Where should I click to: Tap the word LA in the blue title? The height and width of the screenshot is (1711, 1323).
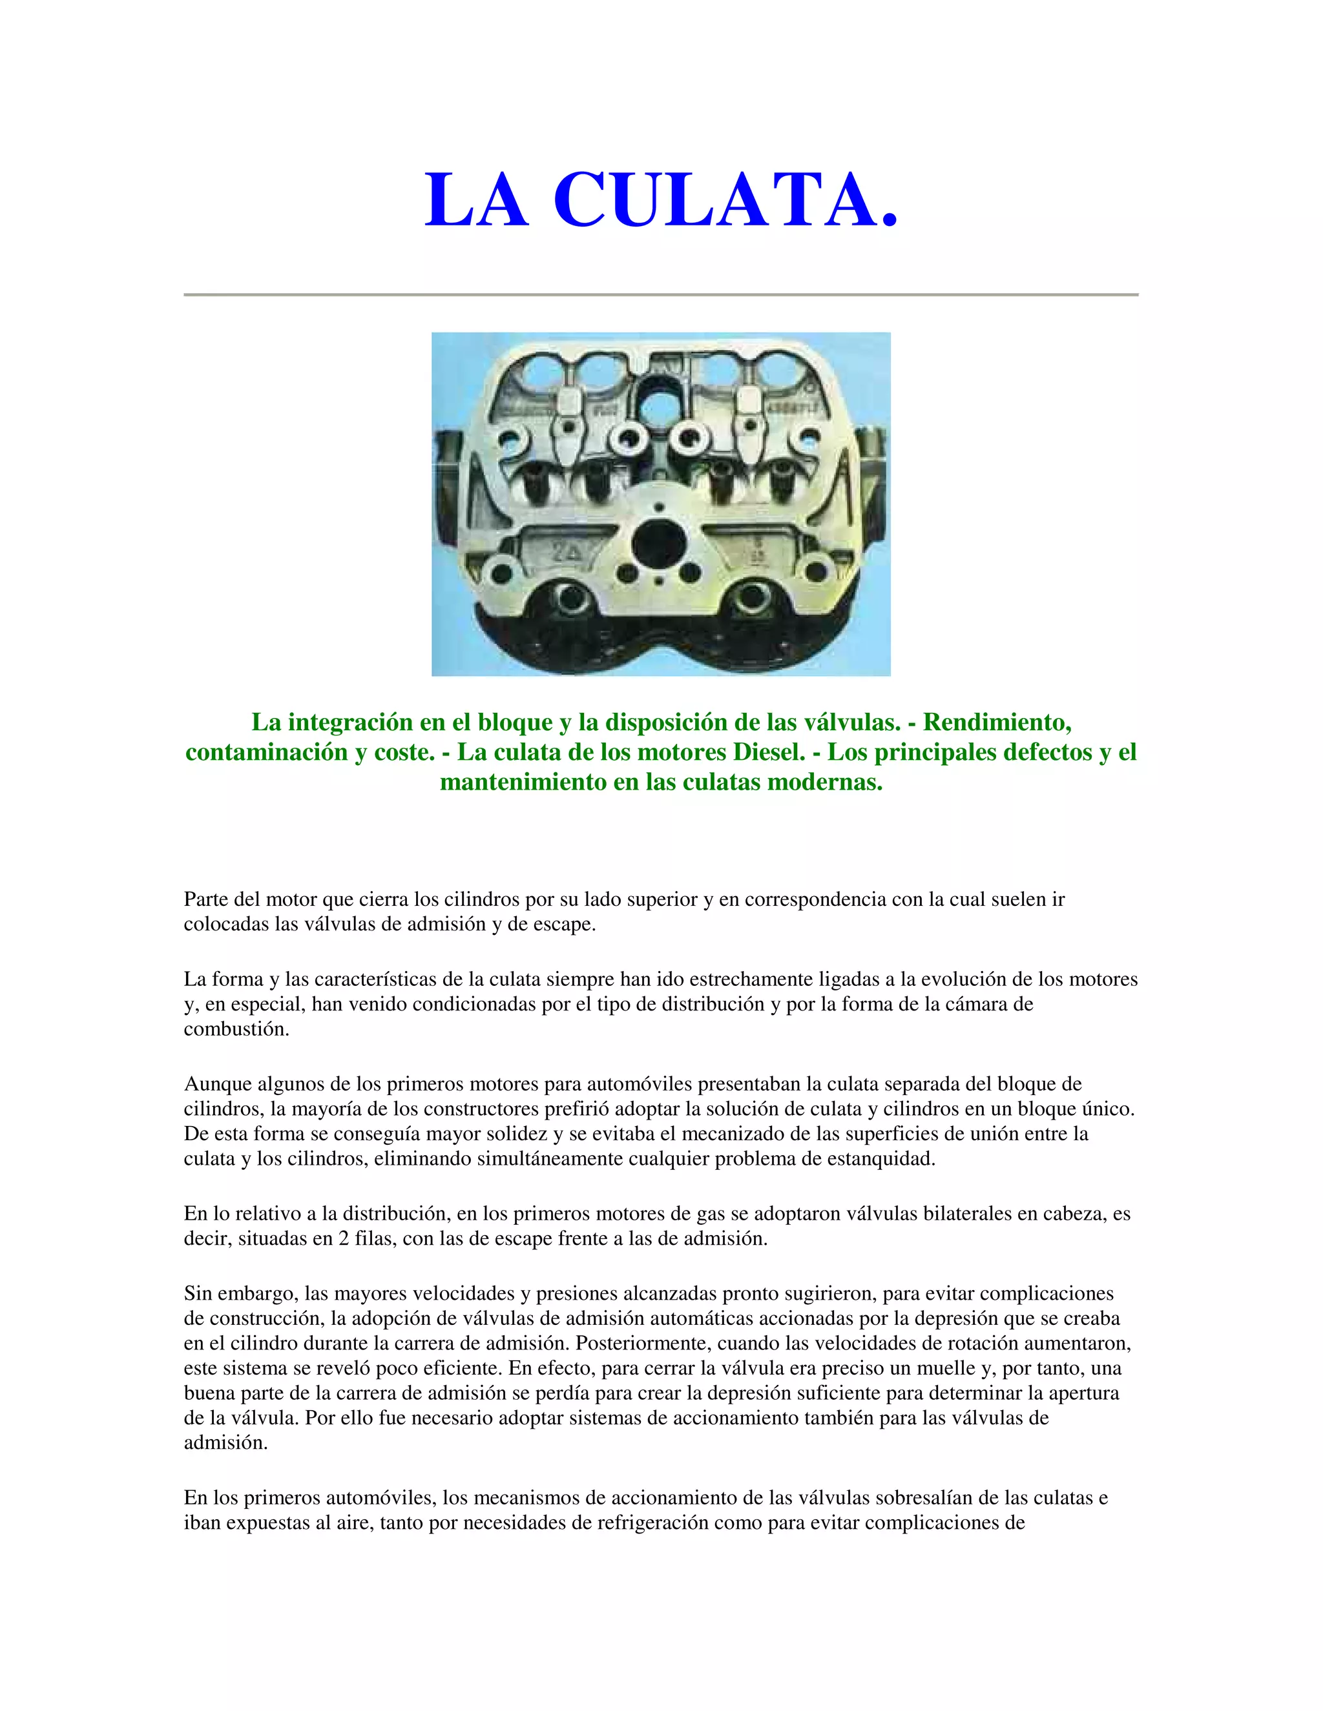(477, 201)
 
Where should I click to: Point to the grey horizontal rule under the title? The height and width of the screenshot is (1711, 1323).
(661, 294)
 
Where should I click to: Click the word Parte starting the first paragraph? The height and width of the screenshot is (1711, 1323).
(206, 899)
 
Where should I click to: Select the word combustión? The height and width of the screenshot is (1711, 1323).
(236, 1029)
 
